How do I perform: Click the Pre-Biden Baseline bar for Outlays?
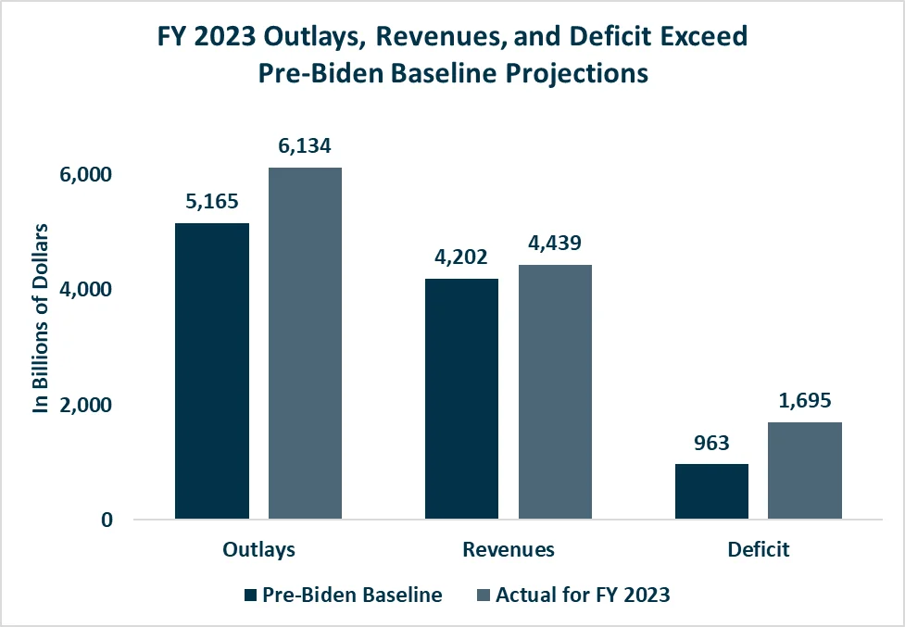(x=212, y=370)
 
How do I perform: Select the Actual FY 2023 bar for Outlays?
(x=305, y=343)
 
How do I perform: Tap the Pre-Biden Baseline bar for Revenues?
(x=461, y=398)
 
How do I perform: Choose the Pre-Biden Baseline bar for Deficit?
(x=711, y=491)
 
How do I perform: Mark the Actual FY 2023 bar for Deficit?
(x=805, y=470)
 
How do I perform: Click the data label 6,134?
(x=305, y=145)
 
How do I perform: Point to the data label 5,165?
(x=212, y=201)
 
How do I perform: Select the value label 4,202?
(x=461, y=257)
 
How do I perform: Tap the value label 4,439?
(x=555, y=243)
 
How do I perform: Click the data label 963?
(x=711, y=443)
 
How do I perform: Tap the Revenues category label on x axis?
(x=509, y=549)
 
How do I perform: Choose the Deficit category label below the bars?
(x=758, y=549)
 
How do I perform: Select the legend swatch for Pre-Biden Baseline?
(x=250, y=596)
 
